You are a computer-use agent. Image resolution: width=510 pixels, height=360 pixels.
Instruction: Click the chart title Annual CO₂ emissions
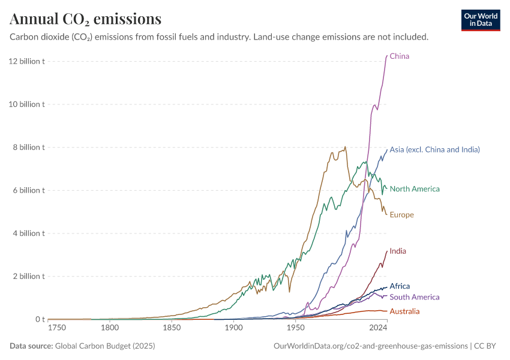85,19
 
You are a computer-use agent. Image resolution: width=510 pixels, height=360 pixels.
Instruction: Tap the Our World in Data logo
480,20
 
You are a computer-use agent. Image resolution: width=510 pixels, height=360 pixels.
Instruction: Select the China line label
400,56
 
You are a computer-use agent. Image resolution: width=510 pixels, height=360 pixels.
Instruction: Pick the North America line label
415,189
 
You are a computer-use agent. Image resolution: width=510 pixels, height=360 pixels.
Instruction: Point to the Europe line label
401,215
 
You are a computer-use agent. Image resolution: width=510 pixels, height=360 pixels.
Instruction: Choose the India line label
398,251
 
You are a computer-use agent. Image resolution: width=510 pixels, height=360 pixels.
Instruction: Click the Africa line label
400,286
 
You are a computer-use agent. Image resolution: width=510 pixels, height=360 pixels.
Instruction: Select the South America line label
414,297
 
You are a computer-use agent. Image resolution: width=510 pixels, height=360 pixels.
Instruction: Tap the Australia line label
404,311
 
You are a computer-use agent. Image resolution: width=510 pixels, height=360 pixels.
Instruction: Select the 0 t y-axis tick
40,319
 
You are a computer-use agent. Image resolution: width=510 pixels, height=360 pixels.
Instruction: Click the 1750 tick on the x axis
58,328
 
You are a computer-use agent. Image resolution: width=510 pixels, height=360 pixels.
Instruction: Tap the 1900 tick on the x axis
233,328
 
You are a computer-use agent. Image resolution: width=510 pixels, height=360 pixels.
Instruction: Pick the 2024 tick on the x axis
378,328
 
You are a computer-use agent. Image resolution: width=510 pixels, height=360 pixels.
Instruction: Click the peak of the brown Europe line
345,147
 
